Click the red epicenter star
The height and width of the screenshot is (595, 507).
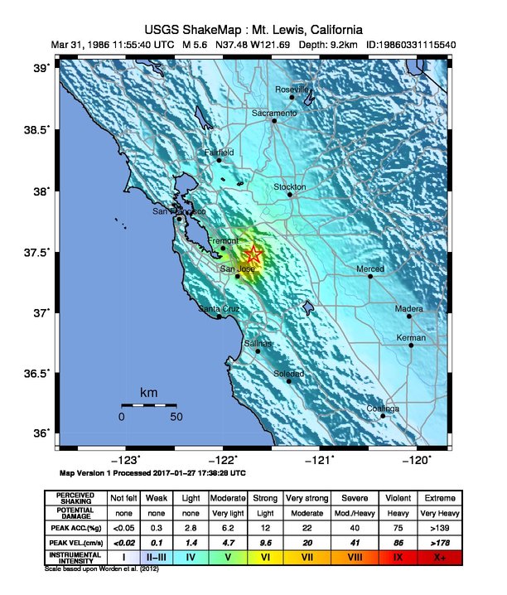tap(254, 255)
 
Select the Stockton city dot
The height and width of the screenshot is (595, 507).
tap(290, 195)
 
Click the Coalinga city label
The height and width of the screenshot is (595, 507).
tap(384, 409)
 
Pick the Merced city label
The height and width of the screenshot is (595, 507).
tap(370, 269)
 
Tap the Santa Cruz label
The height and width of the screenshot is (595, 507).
tap(219, 309)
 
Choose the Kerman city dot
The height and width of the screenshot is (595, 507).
tap(411, 346)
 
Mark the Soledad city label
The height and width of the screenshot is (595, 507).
tap(289, 374)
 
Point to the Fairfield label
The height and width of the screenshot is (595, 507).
tap(220, 152)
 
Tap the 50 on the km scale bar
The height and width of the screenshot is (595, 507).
tap(176, 417)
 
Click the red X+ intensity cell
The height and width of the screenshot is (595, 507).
tap(439, 558)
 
